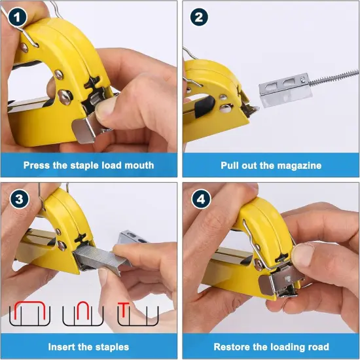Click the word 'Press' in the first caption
39,166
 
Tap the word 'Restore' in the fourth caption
233,346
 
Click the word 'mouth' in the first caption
138,166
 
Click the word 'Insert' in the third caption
64,346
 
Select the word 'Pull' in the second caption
232,166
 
